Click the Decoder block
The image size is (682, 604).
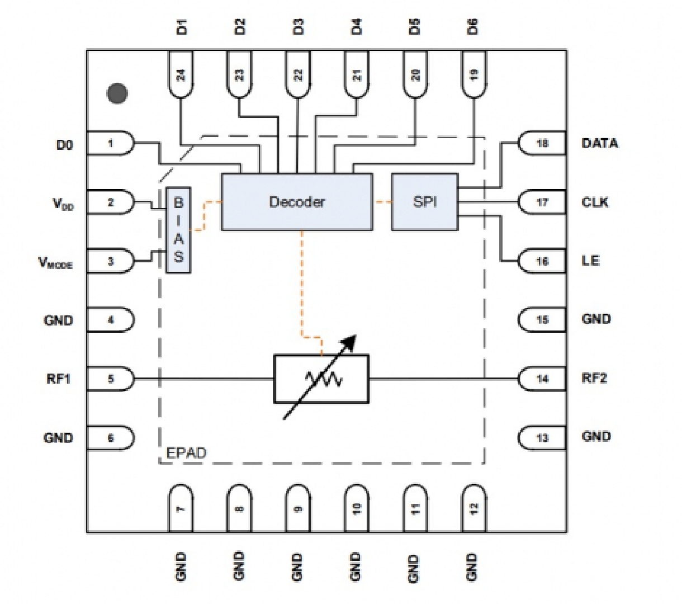pyautogui.click(x=297, y=202)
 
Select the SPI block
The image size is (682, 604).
pyautogui.click(x=424, y=202)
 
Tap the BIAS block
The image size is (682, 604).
pyautogui.click(x=178, y=230)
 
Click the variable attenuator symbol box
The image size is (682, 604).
pyautogui.click(x=321, y=379)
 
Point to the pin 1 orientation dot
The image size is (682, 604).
pyautogui.click(x=117, y=93)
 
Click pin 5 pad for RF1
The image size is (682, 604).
pyautogui.click(x=111, y=379)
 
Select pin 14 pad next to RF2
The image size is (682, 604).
pyautogui.click(x=542, y=379)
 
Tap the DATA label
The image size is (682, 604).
pyautogui.click(x=600, y=144)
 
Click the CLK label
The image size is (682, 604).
pyautogui.click(x=595, y=202)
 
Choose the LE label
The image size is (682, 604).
pyautogui.click(x=590, y=261)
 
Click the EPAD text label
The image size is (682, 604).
pyautogui.click(x=186, y=454)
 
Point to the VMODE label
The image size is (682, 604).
pyautogui.click(x=55, y=263)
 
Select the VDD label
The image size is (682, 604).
pyautogui.click(x=63, y=204)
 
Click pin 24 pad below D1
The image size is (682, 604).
pyautogui.click(x=181, y=74)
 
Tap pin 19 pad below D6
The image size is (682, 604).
pyautogui.click(x=473, y=74)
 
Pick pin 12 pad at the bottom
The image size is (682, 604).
pyautogui.click(x=473, y=508)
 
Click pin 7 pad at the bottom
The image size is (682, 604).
pyautogui.click(x=181, y=508)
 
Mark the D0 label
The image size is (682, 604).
pyautogui.click(x=64, y=145)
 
